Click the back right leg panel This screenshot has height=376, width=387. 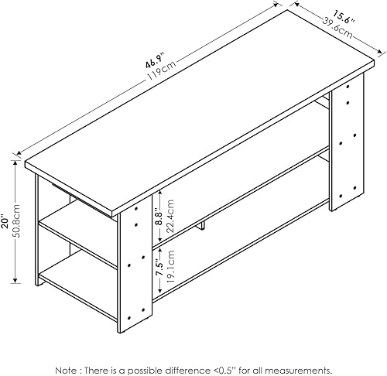[344, 147]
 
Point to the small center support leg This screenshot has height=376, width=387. [201, 226]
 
